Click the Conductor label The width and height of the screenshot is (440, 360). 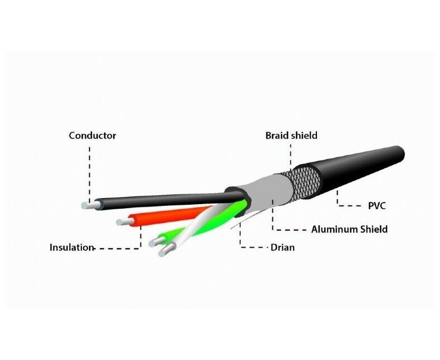pos(92,136)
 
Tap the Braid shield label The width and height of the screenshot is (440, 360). pos(291,136)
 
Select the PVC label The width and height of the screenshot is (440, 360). pos(377,206)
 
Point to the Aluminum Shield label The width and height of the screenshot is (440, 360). pos(349,229)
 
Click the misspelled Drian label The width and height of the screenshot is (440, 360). pos(282,248)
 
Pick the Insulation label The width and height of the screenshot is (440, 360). pos(71,248)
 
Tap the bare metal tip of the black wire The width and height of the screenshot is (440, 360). pos(89,205)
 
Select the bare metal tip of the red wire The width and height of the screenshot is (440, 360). pos(125,222)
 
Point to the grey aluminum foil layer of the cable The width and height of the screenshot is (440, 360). pos(267,196)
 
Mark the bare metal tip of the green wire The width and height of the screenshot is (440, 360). pos(157,241)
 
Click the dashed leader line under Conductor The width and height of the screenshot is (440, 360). pos(90,174)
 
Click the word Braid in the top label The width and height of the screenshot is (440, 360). pos(277,136)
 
